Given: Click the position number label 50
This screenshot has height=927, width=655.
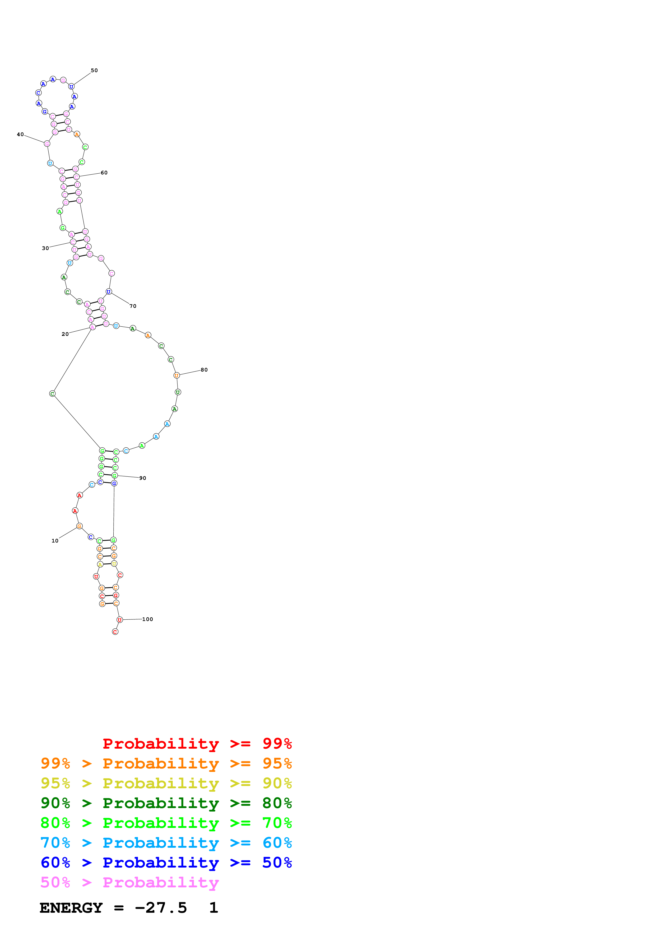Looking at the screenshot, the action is coord(94,70).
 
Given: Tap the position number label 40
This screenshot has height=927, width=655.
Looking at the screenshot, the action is coord(20,135).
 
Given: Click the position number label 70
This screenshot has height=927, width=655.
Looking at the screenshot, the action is coord(133,306).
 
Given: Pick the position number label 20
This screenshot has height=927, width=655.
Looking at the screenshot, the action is coord(65,334).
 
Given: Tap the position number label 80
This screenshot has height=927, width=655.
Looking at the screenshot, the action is coord(204,370).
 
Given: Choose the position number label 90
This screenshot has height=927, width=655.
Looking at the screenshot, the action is coord(142,478).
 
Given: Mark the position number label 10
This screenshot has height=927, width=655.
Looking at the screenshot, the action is coord(55,541).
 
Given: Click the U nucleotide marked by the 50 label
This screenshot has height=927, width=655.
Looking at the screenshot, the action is coord(71,86).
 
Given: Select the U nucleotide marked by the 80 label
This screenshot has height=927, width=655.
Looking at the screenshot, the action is coord(176,376).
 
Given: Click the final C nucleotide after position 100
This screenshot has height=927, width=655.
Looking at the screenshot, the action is coord(115,632).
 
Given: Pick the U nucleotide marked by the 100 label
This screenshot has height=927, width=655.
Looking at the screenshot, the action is coord(119,620).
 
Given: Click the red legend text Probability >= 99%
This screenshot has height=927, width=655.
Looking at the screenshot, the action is coord(197,743).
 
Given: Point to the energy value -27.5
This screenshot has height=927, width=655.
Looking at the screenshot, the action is coord(161,908).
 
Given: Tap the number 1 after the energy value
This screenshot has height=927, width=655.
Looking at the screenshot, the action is coord(213,908).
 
